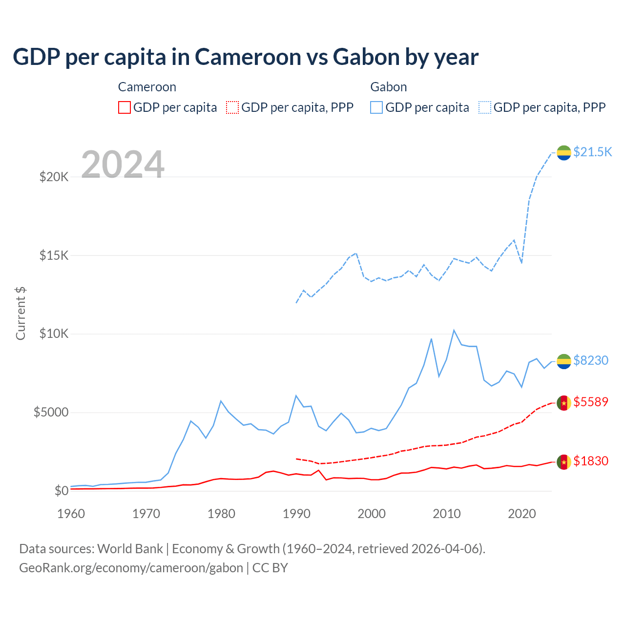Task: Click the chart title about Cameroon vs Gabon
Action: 246,57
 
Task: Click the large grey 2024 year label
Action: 123,165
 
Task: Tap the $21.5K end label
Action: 592,152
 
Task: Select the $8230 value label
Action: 590,360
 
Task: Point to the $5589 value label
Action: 590,402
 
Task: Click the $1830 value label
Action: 590,461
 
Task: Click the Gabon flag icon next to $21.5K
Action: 564,152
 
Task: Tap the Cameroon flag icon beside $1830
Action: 564,461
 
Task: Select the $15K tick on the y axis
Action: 54,255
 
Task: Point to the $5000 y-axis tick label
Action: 51,413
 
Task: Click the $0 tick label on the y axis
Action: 61,491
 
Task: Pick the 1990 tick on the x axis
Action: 296,514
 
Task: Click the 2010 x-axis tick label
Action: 447,514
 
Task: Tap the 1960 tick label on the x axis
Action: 71,514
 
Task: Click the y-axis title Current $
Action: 21,313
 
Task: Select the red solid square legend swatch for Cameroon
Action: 125,107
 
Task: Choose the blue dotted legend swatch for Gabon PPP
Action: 485,107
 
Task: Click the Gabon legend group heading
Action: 388,87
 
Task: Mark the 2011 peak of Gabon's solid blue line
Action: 454,331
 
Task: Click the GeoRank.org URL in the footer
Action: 131,568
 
